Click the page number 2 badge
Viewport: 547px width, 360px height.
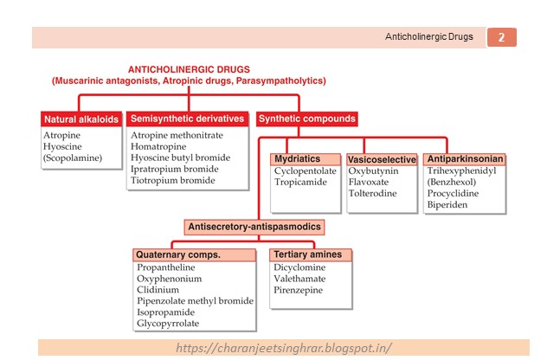point(502,37)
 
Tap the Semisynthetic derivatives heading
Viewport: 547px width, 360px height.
point(188,119)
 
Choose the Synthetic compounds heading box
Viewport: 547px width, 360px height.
point(307,119)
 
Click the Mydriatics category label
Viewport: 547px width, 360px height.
point(297,159)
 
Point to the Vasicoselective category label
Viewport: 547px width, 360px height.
point(382,160)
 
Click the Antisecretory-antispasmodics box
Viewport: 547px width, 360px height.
point(255,227)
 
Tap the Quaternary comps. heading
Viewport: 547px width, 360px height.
point(178,255)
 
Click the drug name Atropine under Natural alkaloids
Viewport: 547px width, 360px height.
point(61,135)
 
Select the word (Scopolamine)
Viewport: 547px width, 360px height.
point(74,158)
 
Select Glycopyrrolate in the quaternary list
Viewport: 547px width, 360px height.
point(167,323)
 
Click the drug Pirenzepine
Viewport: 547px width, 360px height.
point(298,290)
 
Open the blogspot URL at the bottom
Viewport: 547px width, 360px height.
point(282,348)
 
